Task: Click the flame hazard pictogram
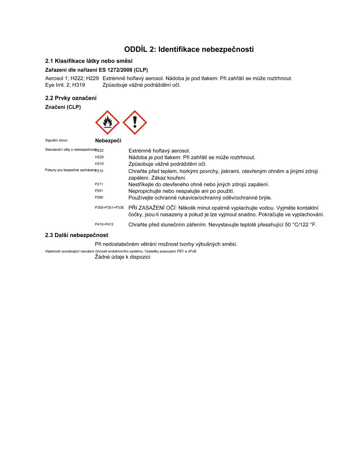107,123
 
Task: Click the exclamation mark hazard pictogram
135,123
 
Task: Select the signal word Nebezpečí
108,141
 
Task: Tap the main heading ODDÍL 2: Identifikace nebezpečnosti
189,49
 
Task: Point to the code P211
99,184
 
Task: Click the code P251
99,191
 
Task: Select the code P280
99,197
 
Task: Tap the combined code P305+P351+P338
109,208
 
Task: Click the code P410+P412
104,224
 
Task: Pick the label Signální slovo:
56,140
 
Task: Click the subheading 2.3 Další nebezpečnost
76,235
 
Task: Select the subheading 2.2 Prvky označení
71,98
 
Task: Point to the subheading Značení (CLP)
63,107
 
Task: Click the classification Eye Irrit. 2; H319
65,85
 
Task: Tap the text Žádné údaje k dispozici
122,257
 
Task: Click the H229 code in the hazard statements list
99,157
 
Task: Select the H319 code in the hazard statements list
99,164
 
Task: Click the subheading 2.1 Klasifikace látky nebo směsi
89,61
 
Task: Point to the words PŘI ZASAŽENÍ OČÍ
152,208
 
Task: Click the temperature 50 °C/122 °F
301,225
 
